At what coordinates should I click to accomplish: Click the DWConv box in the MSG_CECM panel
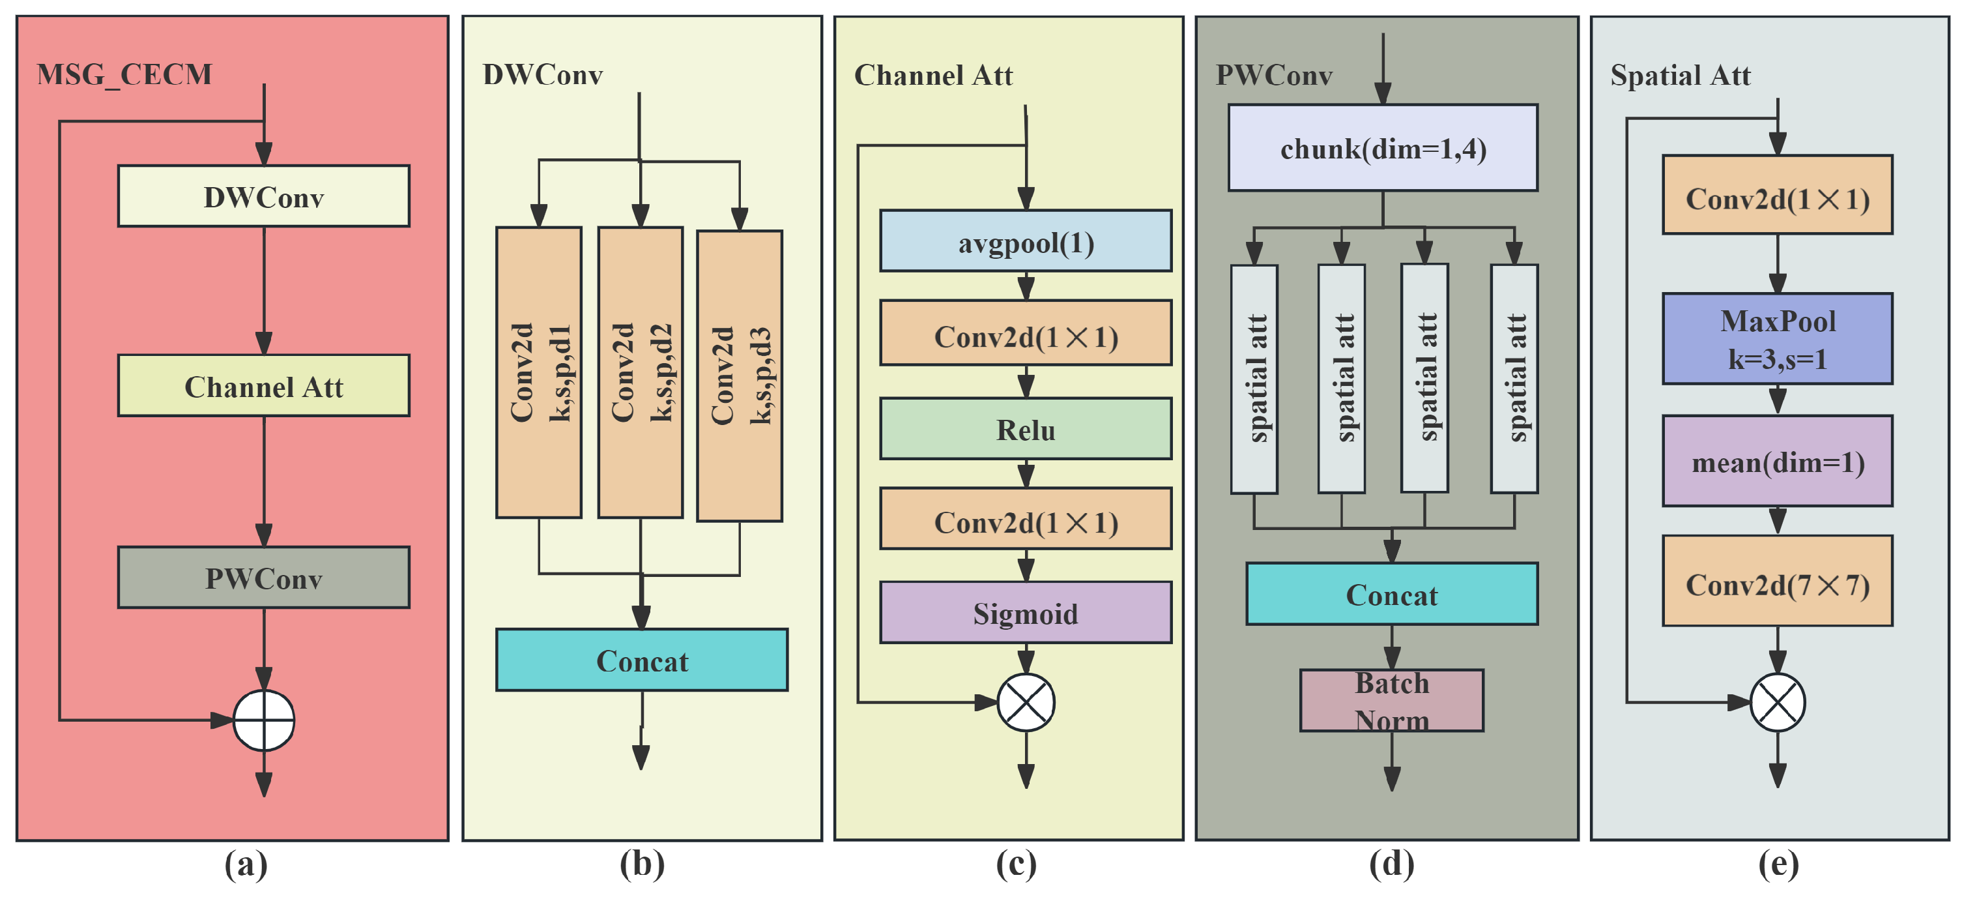pos(263,196)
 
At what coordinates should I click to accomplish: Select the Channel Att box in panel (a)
pos(263,386)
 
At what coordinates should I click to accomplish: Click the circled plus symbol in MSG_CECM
pos(263,720)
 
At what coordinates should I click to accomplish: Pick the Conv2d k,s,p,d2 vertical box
pos(641,372)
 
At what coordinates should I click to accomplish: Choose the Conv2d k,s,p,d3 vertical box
pos(739,376)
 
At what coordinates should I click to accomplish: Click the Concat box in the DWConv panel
pos(641,660)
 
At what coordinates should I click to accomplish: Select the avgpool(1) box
pos(1026,241)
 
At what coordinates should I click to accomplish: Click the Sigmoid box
pos(1026,612)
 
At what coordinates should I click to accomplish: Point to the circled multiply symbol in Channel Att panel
pos(1026,702)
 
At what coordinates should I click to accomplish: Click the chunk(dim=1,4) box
pos(1382,148)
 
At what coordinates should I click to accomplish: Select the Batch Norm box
pos(1391,701)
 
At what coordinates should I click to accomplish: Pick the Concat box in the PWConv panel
pos(1391,594)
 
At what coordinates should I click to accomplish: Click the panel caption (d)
pos(1391,864)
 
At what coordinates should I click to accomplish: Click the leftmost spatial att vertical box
pos(1254,379)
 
